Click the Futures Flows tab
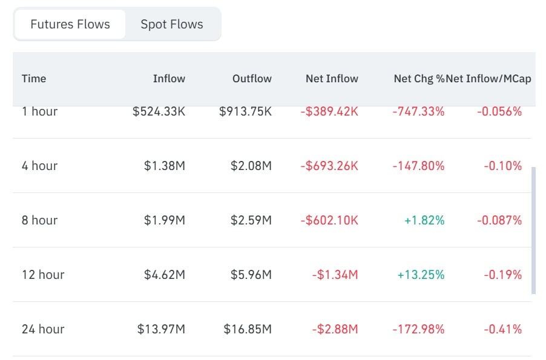click(70, 24)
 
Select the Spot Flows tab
click(172, 24)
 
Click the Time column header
click(34, 79)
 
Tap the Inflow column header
click(169, 79)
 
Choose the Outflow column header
click(252, 79)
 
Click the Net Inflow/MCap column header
click(488, 79)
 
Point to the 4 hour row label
click(39, 166)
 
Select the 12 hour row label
click(43, 275)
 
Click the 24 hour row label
click(43, 329)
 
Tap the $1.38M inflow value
click(165, 166)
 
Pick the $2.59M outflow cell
click(251, 220)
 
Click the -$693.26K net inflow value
click(329, 166)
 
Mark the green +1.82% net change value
click(424, 220)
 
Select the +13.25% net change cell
click(421, 275)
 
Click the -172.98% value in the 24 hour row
click(418, 329)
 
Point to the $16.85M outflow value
click(247, 329)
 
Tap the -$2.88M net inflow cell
click(335, 329)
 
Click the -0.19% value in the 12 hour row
click(502, 275)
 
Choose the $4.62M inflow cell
click(165, 275)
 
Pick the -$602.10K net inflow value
click(329, 220)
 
